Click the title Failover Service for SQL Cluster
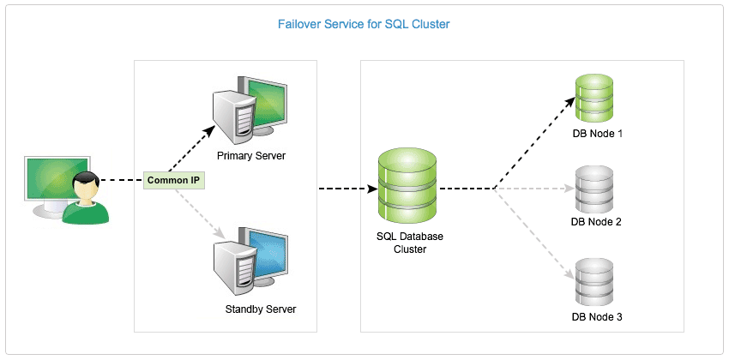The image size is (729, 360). click(x=364, y=24)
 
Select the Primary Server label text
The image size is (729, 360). click(x=251, y=156)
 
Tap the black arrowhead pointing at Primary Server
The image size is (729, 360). click(x=208, y=132)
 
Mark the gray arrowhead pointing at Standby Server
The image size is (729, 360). click(x=220, y=233)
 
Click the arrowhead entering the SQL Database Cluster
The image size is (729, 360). click(x=373, y=189)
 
